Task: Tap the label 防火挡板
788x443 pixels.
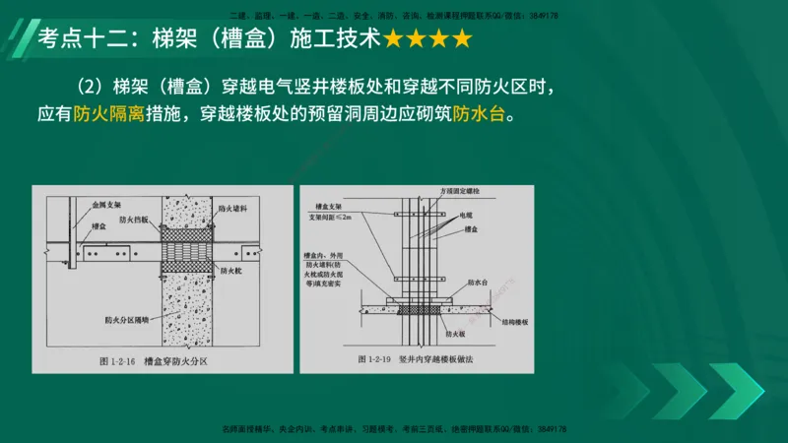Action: [x=132, y=220]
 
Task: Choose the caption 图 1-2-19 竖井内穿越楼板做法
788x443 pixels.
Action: [x=424, y=360]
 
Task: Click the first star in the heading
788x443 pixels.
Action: [x=394, y=40]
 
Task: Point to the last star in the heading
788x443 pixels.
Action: [x=460, y=40]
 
